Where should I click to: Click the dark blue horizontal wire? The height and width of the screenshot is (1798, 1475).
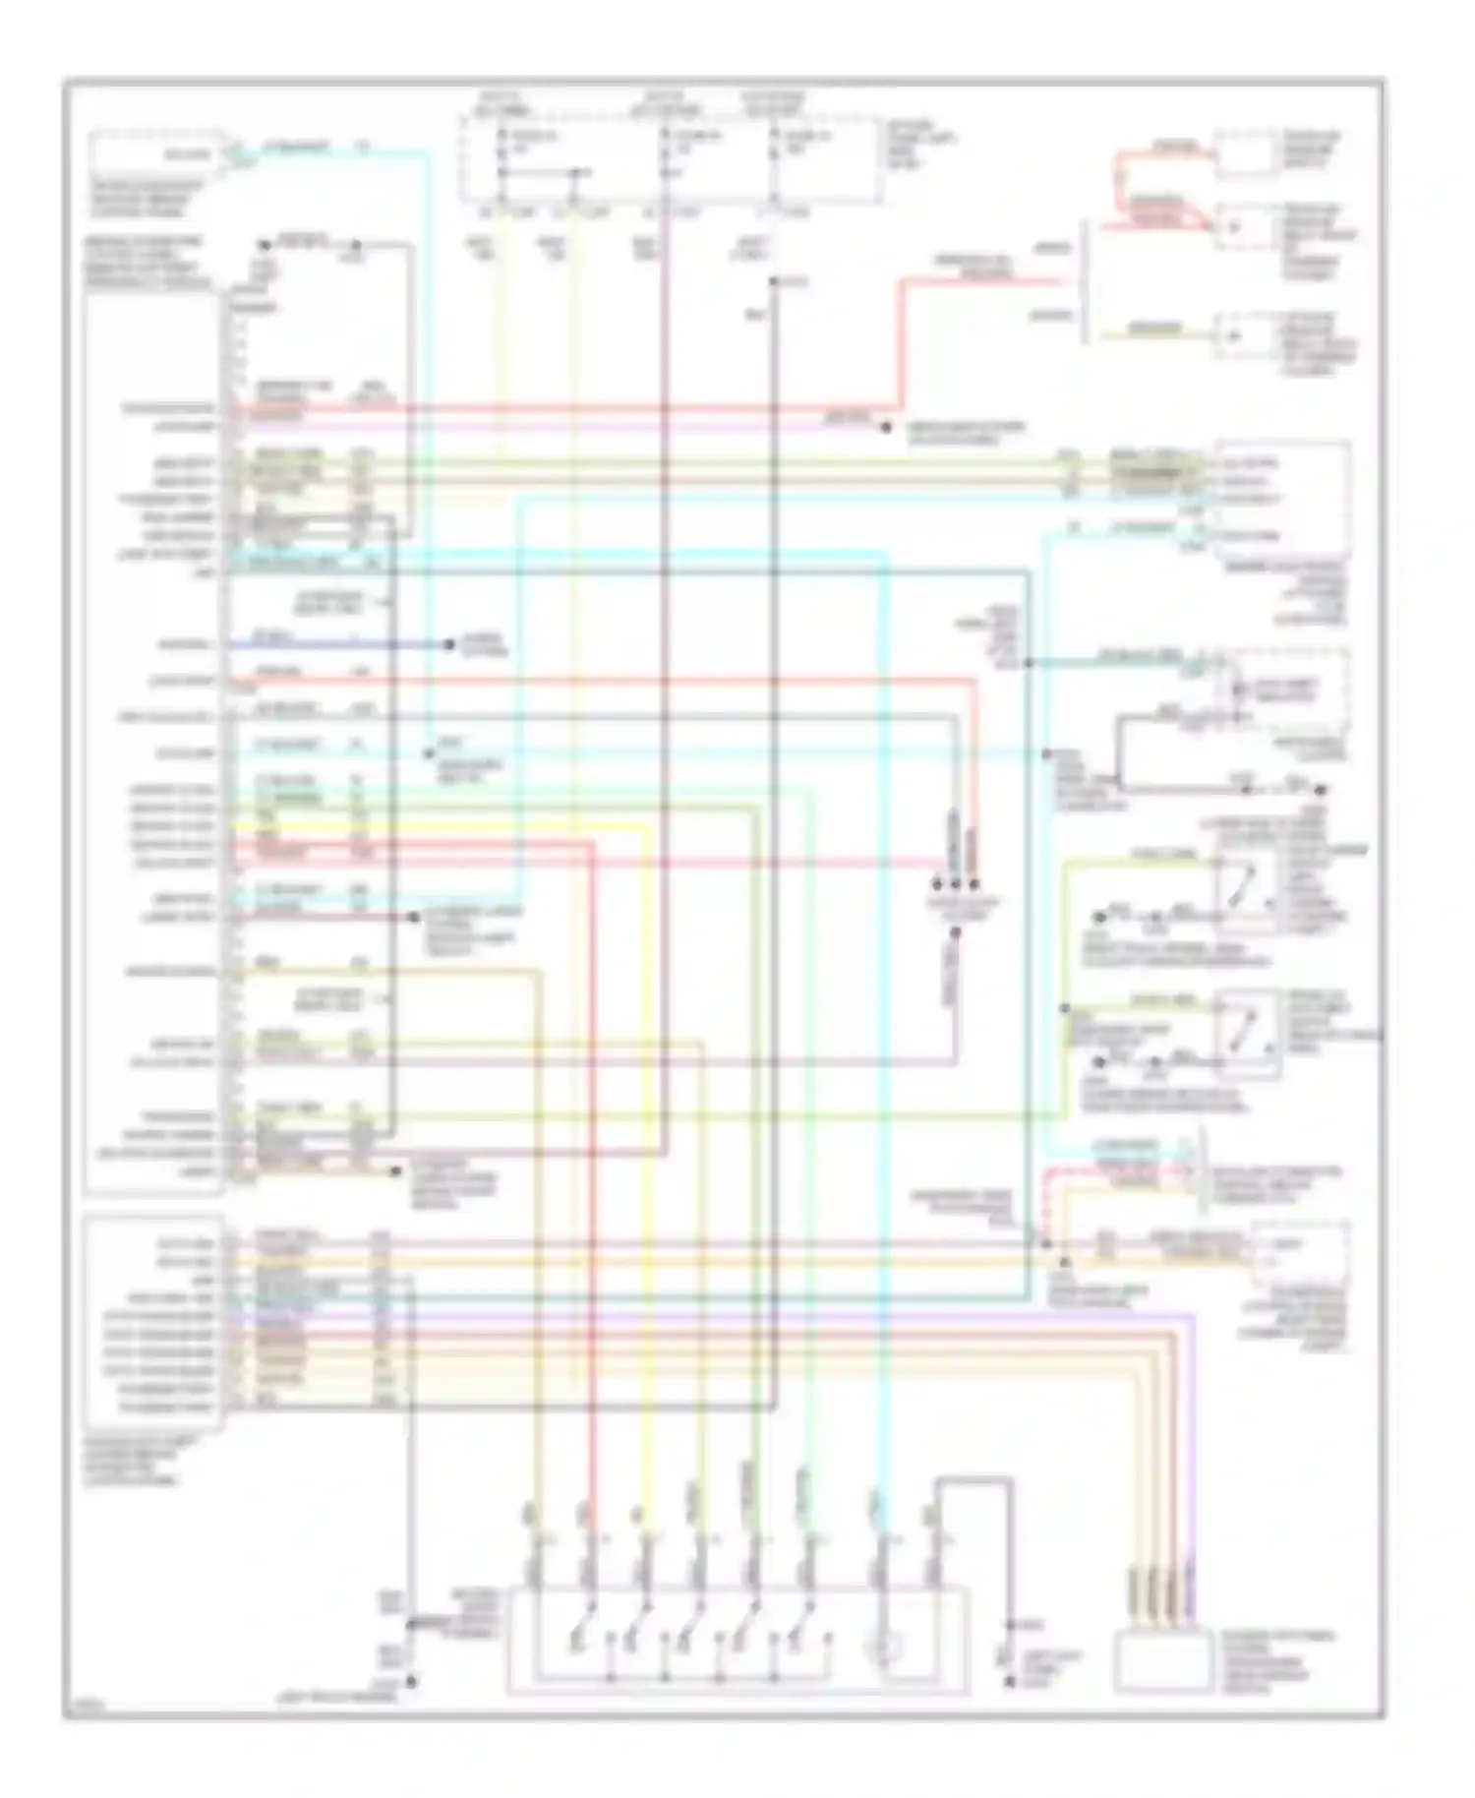click(334, 645)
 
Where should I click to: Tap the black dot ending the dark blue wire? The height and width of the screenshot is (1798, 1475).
click(449, 645)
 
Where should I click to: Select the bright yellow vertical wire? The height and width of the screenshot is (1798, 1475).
click(645, 1180)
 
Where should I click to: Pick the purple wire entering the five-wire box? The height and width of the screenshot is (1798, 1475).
click(1193, 1475)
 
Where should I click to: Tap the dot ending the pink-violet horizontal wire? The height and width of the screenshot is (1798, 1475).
click(885, 426)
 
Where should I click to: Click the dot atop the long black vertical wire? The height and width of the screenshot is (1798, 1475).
click(774, 282)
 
